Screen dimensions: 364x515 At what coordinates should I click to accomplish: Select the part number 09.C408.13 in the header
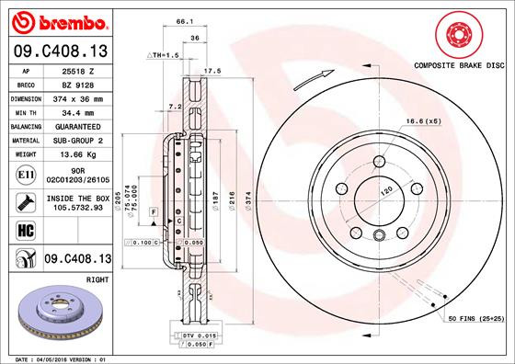tap(59, 51)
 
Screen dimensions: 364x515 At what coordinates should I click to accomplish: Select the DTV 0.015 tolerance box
tap(200, 336)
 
